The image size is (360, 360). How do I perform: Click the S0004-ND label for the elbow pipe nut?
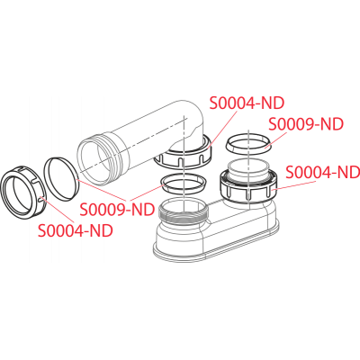pos(247,103)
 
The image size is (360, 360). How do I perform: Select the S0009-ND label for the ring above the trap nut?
pos(306,124)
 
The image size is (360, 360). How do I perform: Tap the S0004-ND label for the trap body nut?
pos(323,172)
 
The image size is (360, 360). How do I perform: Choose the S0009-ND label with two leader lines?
pos(117,210)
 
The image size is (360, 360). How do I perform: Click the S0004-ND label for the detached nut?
pos(76,230)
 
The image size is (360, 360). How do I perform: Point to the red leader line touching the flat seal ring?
pos(103,190)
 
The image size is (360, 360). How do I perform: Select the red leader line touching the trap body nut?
pos(294,185)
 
